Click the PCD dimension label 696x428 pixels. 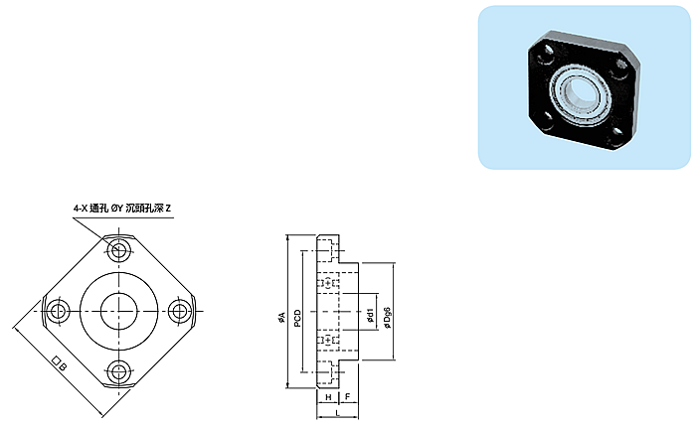[x=297, y=319]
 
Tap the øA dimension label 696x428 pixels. [x=281, y=317]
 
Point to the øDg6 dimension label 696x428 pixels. [x=388, y=318]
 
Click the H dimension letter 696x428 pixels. [x=328, y=397]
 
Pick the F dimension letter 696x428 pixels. [x=348, y=397]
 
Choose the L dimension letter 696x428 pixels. [x=338, y=413]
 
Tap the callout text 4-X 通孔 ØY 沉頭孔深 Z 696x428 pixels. [x=122, y=208]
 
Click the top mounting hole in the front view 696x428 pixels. [x=118, y=250]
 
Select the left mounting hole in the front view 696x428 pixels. [x=56, y=312]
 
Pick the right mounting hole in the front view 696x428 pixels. [x=179, y=311]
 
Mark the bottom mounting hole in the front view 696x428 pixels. [x=118, y=371]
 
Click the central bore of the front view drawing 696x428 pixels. [x=118, y=311]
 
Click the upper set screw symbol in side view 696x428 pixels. [x=328, y=283]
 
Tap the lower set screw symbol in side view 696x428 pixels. [x=328, y=340]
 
